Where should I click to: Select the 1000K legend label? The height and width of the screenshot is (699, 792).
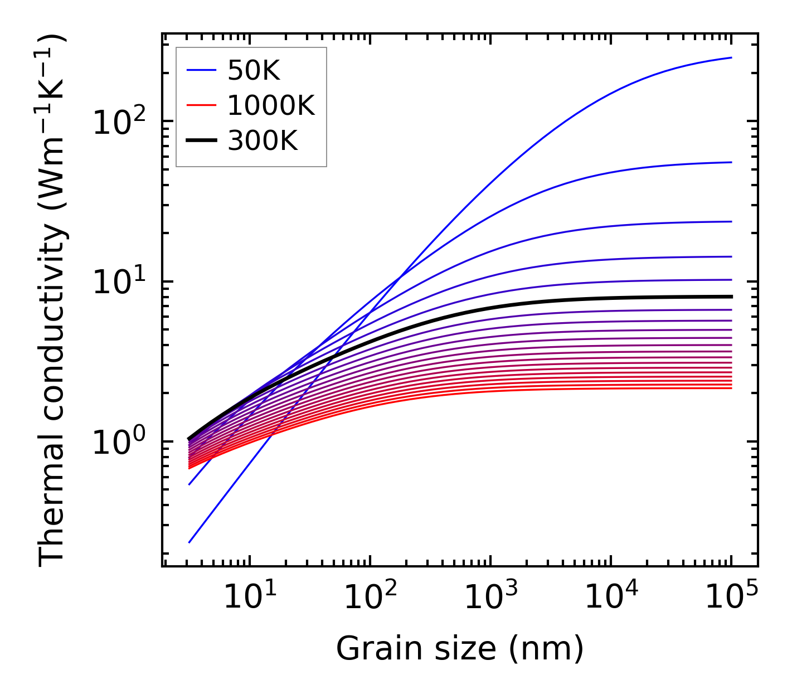(x=271, y=106)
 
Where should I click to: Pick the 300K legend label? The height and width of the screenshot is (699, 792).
(x=263, y=142)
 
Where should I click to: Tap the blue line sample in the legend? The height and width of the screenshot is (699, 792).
(x=201, y=71)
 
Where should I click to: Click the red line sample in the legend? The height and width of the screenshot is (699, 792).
(x=201, y=106)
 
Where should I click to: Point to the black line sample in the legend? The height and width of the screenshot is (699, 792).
(x=201, y=142)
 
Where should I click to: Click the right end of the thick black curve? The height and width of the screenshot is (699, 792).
(x=731, y=297)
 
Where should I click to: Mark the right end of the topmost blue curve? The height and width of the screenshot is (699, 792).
(x=731, y=57)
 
